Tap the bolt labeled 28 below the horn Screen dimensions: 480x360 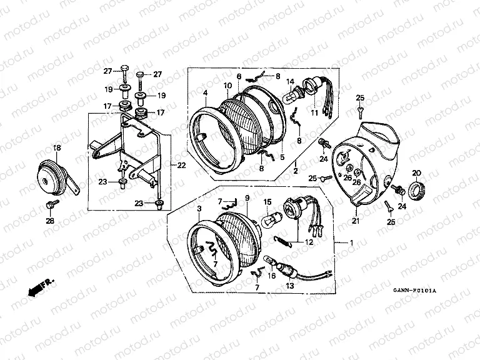coord(51,204)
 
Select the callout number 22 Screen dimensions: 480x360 coord(181,166)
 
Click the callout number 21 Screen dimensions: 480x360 coord(356,221)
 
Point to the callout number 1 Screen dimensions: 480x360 coord(351,242)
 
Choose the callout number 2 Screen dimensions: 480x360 coord(296,171)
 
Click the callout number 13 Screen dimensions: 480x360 coord(289,286)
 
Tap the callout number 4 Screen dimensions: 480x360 coord(205,92)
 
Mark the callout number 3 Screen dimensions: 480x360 coord(199,209)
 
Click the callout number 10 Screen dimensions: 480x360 coord(227,86)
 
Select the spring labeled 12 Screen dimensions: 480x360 coord(281,241)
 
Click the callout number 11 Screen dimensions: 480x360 coord(314,113)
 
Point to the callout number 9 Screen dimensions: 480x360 coord(247,198)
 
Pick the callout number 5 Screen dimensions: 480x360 coord(282,157)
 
